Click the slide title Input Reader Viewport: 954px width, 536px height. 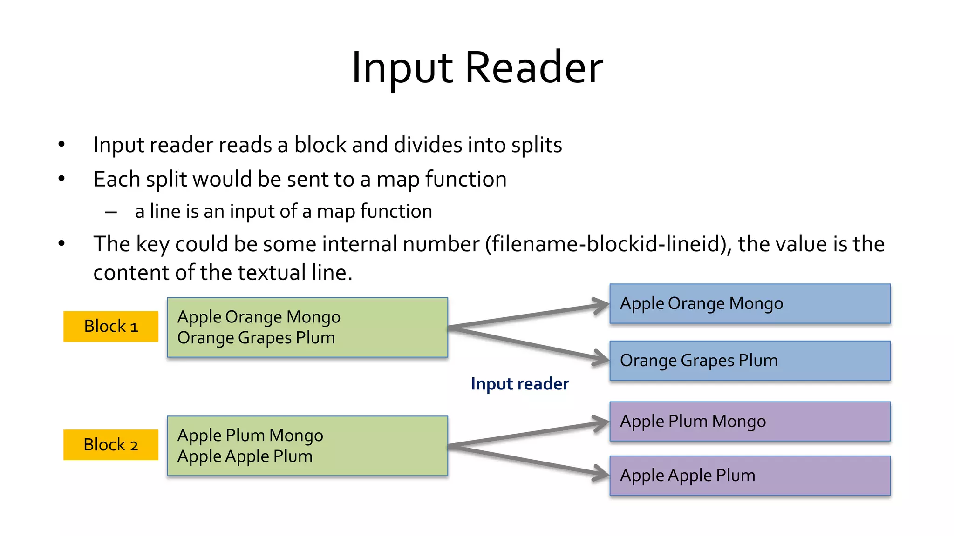coord(477,68)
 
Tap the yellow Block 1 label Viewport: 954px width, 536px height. coord(111,326)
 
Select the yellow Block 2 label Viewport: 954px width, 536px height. coord(111,445)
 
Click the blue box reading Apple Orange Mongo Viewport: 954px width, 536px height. coord(750,303)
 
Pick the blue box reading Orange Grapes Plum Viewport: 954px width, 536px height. coord(750,361)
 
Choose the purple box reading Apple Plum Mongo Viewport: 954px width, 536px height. coord(750,421)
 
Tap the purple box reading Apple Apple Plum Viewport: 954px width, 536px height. coord(750,476)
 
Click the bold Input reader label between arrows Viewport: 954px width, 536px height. coord(519,384)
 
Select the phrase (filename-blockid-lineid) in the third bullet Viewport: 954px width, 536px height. coord(608,244)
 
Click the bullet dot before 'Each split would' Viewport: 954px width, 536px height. coord(61,179)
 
